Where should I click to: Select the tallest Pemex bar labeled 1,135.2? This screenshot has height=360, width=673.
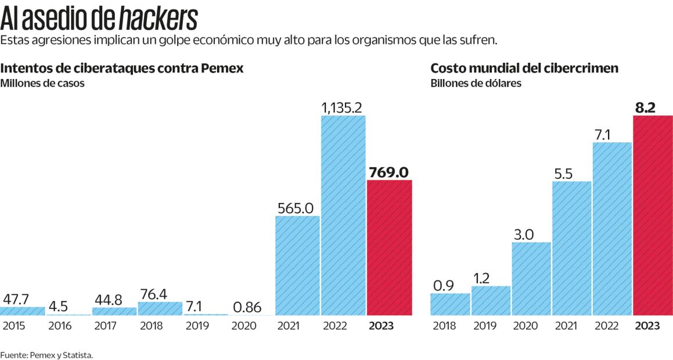tap(343, 215)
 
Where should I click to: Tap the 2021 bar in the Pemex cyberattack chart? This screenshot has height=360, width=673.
tap(297, 265)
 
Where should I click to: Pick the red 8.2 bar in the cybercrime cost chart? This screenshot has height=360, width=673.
tap(653, 215)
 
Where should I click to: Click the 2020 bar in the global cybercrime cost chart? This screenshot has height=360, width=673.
tap(531, 279)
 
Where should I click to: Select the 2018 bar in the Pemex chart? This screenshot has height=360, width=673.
tap(160, 308)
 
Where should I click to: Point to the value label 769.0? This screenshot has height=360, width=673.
tap(389, 172)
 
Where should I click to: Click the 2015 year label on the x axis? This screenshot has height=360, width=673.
tap(14, 326)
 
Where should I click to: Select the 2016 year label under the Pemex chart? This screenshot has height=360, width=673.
tap(60, 326)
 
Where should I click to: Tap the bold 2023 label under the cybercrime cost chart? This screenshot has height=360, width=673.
tap(647, 326)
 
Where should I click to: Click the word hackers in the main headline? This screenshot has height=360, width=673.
tap(158, 19)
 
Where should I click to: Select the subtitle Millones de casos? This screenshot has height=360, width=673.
tap(42, 83)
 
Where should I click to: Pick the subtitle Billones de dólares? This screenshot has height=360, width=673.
tap(476, 83)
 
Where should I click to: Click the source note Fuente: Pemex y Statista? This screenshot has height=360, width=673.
tap(46, 354)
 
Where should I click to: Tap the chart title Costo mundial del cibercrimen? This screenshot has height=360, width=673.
tap(524, 68)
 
